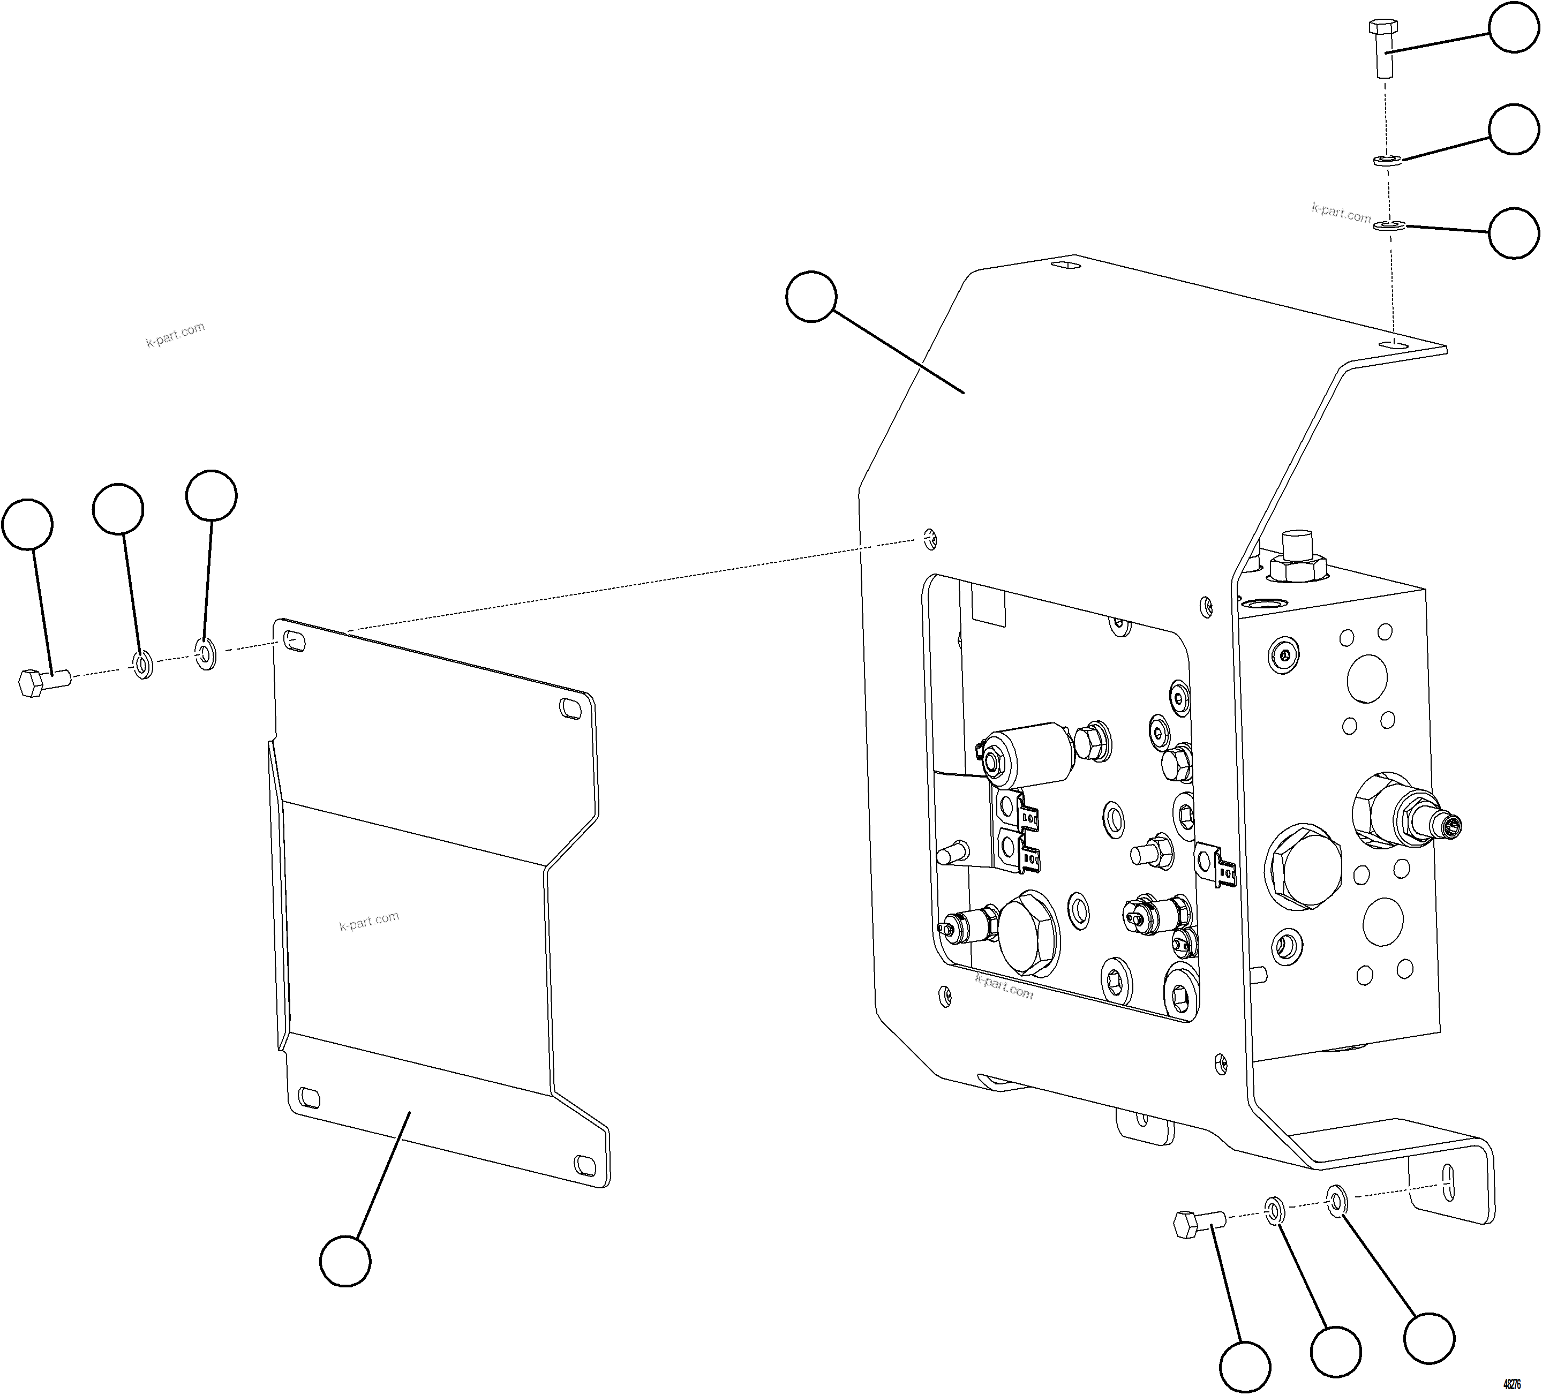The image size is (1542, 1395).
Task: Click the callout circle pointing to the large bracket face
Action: [x=811, y=296]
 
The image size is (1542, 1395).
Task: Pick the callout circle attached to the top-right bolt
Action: [x=1514, y=27]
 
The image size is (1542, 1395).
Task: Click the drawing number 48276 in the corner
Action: [x=1512, y=1384]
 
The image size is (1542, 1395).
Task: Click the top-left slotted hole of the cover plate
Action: [x=294, y=642]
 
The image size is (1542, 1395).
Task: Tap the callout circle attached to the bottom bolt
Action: [x=1244, y=1366]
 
